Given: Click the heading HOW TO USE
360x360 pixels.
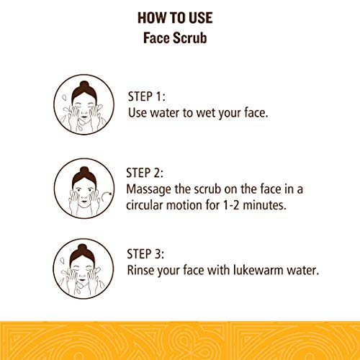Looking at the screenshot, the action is pyautogui.click(x=175, y=18).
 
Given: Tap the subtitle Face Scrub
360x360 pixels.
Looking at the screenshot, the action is pyautogui.click(x=175, y=38).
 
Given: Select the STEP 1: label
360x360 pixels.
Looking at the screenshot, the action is pyautogui.click(x=146, y=96).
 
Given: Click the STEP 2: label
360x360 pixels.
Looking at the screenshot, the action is pyautogui.click(x=145, y=173).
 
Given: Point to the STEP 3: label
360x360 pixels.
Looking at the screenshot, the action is pyautogui.click(x=145, y=254).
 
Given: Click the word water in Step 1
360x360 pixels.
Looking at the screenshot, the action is pyautogui.click(x=165, y=113).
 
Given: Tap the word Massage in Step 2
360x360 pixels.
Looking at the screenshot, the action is pyautogui.click(x=149, y=189).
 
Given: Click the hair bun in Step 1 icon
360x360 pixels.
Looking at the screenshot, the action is pyautogui.click(x=84, y=85).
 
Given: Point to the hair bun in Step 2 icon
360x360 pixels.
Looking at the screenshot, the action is pyautogui.click(x=84, y=171).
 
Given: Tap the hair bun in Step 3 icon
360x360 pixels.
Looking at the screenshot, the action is pyautogui.click(x=82, y=248).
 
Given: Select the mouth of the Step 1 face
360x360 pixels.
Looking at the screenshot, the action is pyautogui.click(x=84, y=117).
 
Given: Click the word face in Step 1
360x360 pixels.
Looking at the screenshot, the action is pyautogui.click(x=256, y=113).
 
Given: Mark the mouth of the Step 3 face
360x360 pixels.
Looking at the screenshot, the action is pyautogui.click(x=82, y=280).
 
